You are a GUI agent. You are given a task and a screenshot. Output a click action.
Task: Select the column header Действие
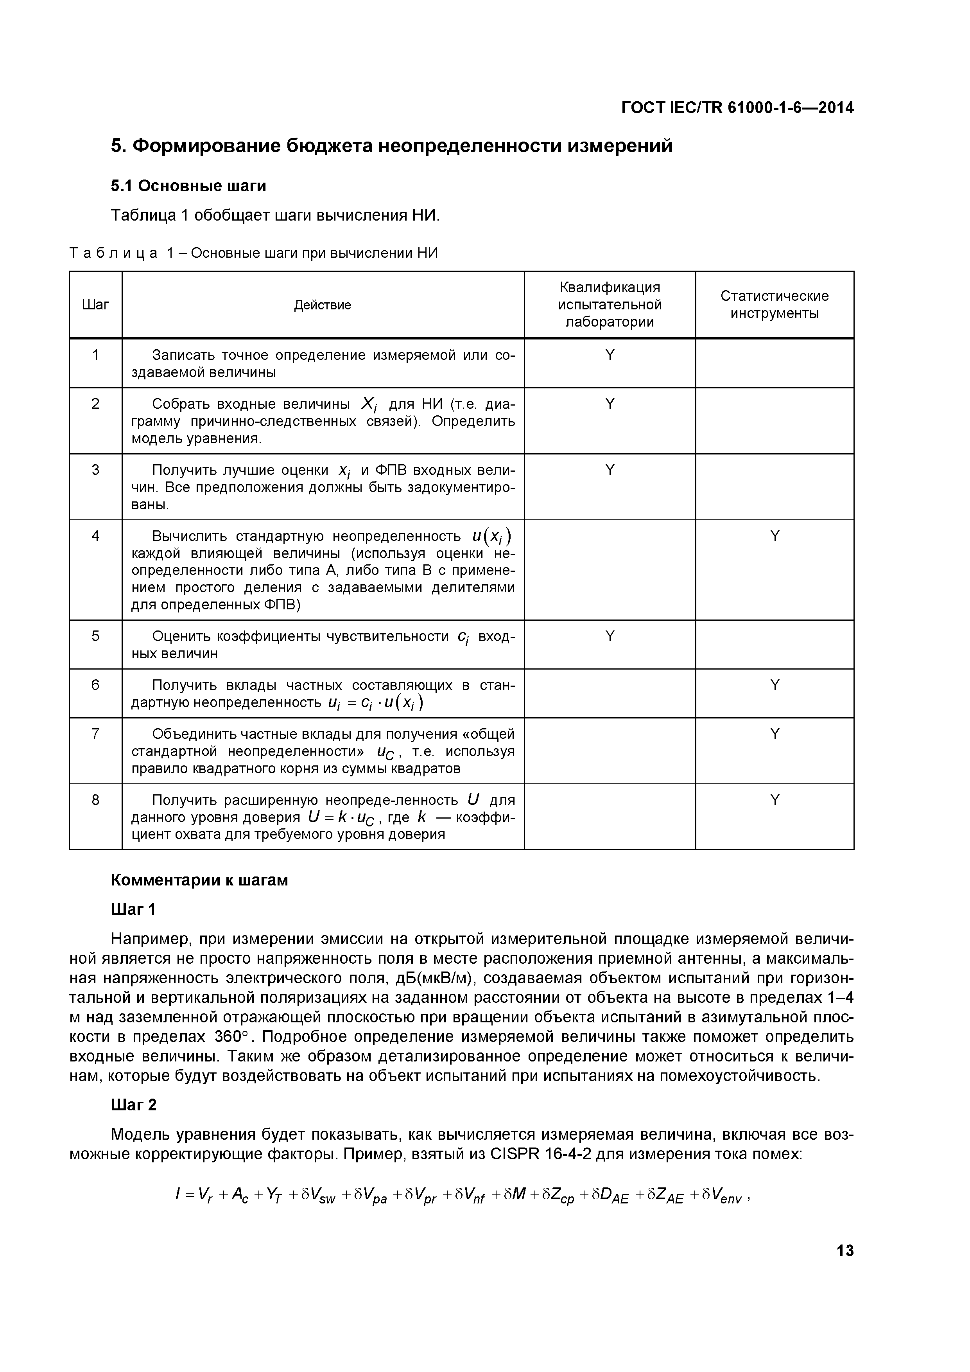pos(323,305)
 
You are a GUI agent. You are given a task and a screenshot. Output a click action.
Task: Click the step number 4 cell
pos(95,536)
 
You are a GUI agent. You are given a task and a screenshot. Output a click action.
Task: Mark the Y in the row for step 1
pos(610,355)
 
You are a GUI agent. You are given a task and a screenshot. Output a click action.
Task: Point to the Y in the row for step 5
pos(610,636)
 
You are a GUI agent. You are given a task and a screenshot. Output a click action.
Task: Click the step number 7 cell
pos(95,734)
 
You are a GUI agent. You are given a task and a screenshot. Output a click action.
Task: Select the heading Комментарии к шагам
pos(199,880)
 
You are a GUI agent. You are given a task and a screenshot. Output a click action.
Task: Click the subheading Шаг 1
pos(134,909)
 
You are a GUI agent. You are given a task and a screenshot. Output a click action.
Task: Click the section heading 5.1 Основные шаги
pos(188,187)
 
